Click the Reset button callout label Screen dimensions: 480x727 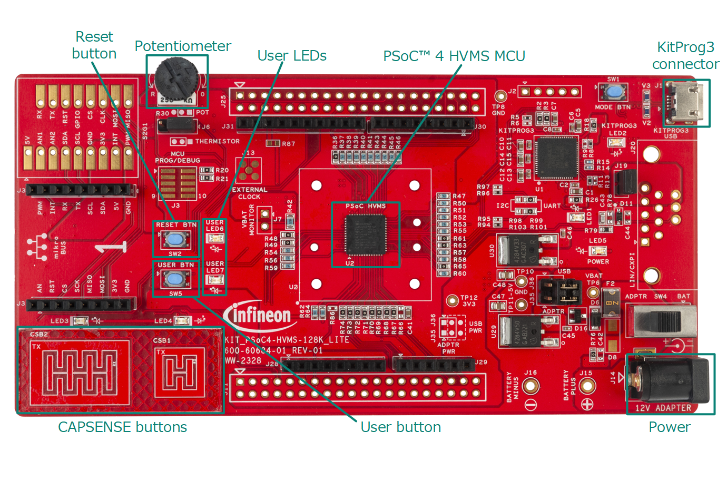94,45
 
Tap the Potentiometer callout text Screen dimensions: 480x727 182,46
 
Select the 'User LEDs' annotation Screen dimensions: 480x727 292,56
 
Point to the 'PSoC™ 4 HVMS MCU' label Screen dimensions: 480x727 454,56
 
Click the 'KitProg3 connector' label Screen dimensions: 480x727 685,55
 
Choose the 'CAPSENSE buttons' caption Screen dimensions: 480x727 122,427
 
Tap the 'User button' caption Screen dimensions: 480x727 400,427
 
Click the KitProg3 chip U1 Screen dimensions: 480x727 555,158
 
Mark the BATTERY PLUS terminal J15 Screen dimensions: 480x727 586,386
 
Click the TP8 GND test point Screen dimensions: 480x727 498,95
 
